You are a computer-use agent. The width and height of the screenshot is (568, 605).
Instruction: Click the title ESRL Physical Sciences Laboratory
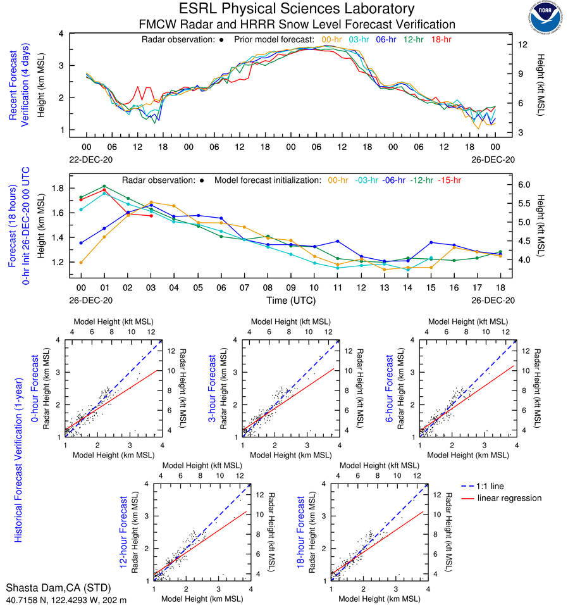point(297,9)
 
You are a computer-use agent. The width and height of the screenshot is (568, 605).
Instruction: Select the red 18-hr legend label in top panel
point(441,39)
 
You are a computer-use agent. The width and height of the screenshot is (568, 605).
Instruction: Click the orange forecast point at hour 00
point(81,262)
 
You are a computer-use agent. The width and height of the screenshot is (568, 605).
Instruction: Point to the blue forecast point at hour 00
point(81,242)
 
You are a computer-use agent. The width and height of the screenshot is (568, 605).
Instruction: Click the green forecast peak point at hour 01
point(104,186)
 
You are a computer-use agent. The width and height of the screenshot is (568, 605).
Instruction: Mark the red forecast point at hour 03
point(151,216)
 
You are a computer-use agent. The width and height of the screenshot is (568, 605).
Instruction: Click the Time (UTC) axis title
point(290,300)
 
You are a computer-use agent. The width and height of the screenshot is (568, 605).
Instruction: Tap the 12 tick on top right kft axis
point(522,45)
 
